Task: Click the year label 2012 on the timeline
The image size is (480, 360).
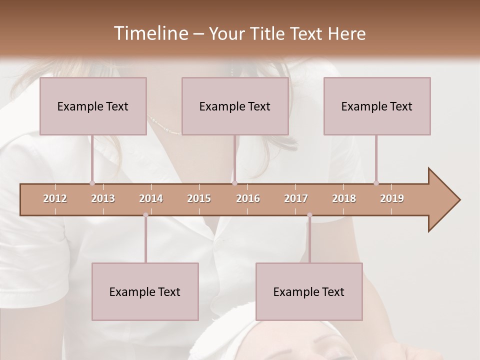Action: (55, 198)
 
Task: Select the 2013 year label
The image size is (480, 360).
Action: (103, 198)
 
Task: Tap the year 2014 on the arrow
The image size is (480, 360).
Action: (151, 198)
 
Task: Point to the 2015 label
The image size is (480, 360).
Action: (199, 198)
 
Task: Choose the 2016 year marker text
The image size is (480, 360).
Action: (248, 198)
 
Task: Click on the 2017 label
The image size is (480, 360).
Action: (296, 198)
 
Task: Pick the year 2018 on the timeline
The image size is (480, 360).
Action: (344, 198)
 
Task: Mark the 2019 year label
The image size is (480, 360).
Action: (392, 198)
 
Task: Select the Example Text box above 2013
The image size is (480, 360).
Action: (93, 106)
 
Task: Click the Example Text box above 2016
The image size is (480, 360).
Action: (235, 106)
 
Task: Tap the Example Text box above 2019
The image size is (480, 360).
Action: (377, 106)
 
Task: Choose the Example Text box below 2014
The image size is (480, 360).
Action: (145, 291)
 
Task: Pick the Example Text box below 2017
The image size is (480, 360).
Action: (309, 291)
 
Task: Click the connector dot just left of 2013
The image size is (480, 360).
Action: (92, 183)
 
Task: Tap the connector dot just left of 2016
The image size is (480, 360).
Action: (234, 183)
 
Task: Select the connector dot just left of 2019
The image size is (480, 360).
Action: (376, 183)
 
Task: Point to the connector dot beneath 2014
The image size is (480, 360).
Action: (145, 215)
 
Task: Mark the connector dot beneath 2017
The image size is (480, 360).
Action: (309, 215)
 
